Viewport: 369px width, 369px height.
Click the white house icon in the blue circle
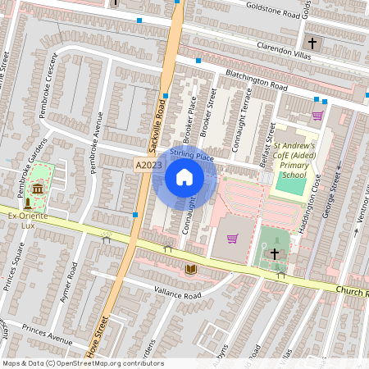pyautogui.click(x=184, y=176)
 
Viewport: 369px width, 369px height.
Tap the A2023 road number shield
pyautogui.click(x=144, y=166)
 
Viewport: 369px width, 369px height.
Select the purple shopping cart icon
pyautogui.click(x=232, y=239)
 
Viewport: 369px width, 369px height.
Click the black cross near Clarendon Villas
pyautogui.click(x=312, y=43)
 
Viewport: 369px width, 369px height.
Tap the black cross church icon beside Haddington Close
pyautogui.click(x=275, y=255)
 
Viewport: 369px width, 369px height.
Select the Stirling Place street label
pyautogui.click(x=191, y=154)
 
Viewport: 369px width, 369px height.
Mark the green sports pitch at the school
pyautogui.click(x=289, y=184)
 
